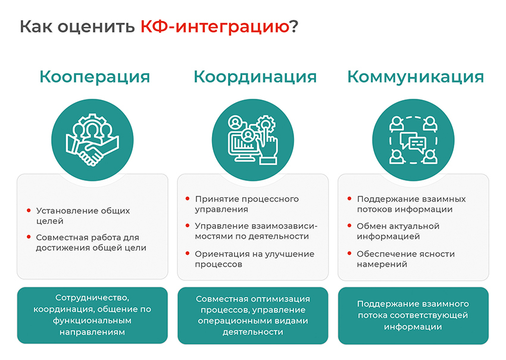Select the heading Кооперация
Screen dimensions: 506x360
click(95, 77)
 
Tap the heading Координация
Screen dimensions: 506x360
click(255, 77)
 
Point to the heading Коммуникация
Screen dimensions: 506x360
click(416, 77)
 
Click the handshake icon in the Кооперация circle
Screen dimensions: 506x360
click(92, 152)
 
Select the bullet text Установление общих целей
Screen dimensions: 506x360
click(83, 216)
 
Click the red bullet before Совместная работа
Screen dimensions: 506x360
click(29, 237)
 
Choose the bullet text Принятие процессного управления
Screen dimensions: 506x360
click(246, 204)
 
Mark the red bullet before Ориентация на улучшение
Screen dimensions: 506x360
click(188, 253)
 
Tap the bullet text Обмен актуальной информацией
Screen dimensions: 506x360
click(398, 231)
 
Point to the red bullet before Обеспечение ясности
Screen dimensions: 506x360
click(349, 253)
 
